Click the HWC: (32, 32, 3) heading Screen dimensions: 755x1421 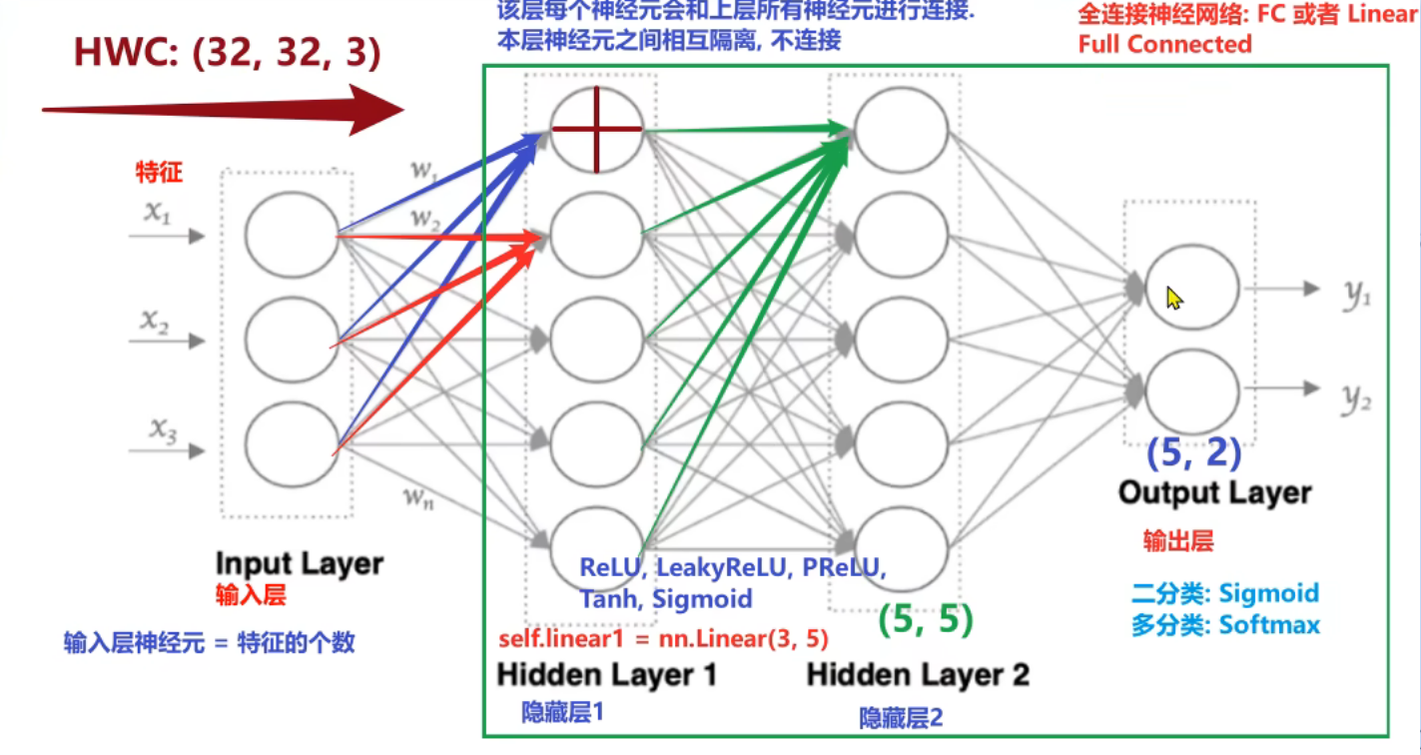(228, 53)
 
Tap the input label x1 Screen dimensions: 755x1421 (157, 213)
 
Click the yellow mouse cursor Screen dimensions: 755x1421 (1174, 298)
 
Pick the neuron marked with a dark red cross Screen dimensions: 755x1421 (597, 129)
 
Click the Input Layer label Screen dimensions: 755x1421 (300, 563)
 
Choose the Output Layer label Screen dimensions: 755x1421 (1214, 492)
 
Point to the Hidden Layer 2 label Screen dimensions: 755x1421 (918, 675)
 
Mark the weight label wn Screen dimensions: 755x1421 (419, 497)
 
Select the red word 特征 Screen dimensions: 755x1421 (160, 173)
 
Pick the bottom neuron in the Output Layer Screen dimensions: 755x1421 (1192, 391)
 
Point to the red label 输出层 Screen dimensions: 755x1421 (1178, 541)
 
